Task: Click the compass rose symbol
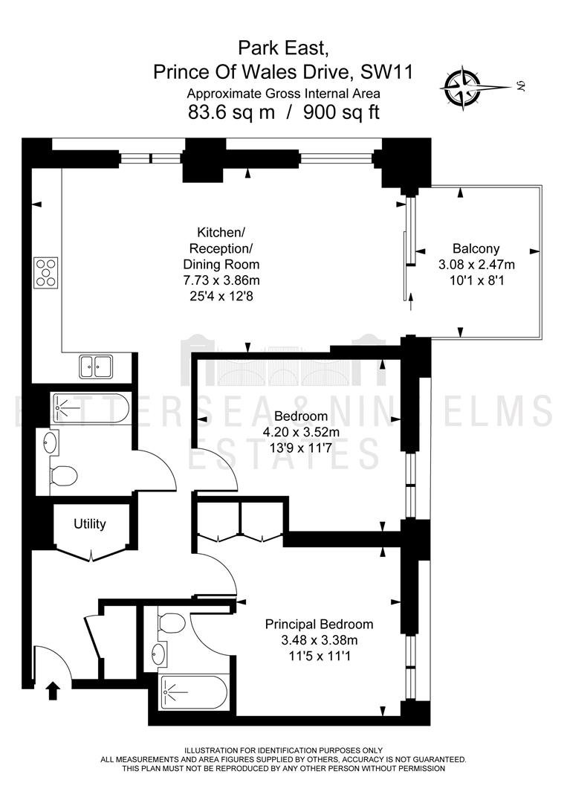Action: pos(463,88)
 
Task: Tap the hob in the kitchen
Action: pos(46,272)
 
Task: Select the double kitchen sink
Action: pos(96,366)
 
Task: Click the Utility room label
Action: pos(90,524)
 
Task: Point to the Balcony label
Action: pos(476,248)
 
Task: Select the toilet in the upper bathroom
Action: pos(63,474)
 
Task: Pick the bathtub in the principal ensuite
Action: pos(194,692)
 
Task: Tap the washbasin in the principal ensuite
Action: pos(159,654)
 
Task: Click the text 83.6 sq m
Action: pos(232,111)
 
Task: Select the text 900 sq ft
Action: pos(341,111)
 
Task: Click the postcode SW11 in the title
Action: pos(387,71)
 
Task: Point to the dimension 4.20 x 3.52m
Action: pos(301,432)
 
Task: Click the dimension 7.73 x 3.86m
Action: pos(221,280)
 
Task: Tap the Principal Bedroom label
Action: pos(319,625)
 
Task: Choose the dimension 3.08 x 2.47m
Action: pos(476,264)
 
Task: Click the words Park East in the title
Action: pos(282,48)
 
